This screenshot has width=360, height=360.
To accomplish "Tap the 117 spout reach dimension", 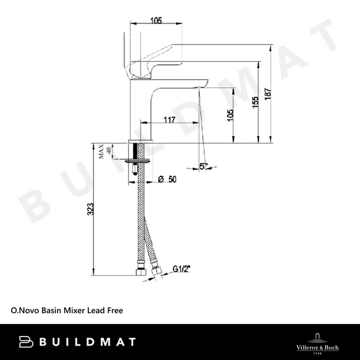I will (169, 120).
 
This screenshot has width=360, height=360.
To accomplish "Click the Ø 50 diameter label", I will (169, 179).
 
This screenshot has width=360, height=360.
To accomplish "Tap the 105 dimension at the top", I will (155, 21).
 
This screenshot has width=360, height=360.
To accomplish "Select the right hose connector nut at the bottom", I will (158, 274).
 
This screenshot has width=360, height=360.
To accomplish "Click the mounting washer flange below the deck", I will (139, 161).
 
